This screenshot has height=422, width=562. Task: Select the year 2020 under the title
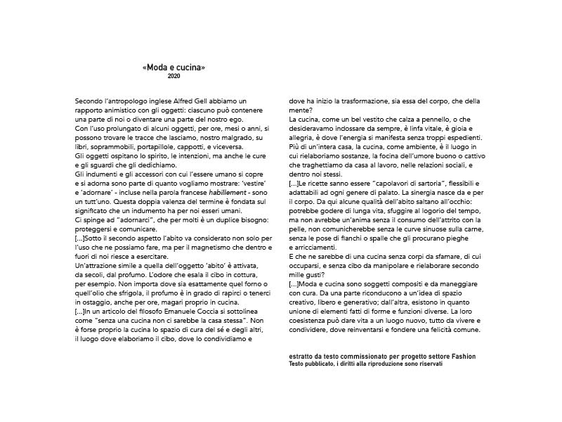coord(174,75)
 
